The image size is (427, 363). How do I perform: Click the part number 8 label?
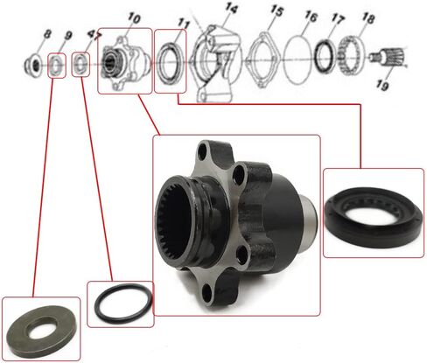[x=47, y=34]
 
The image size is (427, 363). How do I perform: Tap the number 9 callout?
[x=67, y=35]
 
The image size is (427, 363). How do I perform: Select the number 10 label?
[x=134, y=18]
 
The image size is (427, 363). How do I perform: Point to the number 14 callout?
[x=231, y=8]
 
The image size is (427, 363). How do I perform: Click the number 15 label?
[x=276, y=11]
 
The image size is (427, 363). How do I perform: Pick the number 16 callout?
[x=311, y=17]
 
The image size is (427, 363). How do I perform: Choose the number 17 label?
[x=338, y=19]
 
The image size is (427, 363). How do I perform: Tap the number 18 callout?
[x=367, y=18]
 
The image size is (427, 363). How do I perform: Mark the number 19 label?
[x=382, y=85]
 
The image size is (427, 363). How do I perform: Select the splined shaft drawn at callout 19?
[x=388, y=57]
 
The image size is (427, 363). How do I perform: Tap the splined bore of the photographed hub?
[x=175, y=221]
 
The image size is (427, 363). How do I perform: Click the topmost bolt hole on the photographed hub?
[x=202, y=152]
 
